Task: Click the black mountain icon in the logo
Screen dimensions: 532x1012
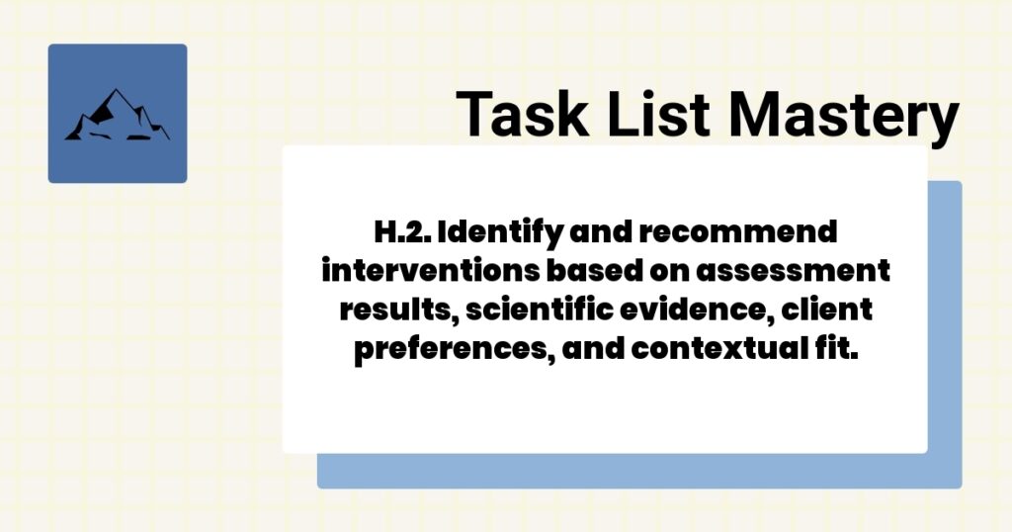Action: coord(117,116)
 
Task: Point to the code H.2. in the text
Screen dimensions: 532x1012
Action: coord(400,233)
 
